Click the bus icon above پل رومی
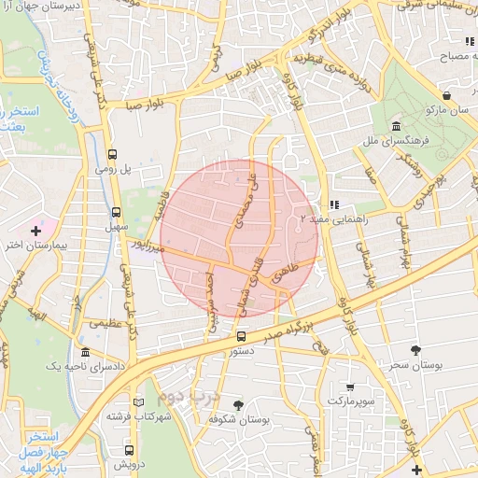tap(113, 155)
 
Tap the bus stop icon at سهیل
tap(116, 212)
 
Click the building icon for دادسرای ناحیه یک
tap(85, 353)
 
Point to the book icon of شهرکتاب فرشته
tap(139, 402)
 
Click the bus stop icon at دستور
tap(241, 336)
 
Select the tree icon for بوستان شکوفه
tap(239, 405)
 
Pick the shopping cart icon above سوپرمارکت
tap(349, 386)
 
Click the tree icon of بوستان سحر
tap(415, 350)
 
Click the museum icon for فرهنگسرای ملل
tap(397, 126)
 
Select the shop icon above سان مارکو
tap(448, 94)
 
